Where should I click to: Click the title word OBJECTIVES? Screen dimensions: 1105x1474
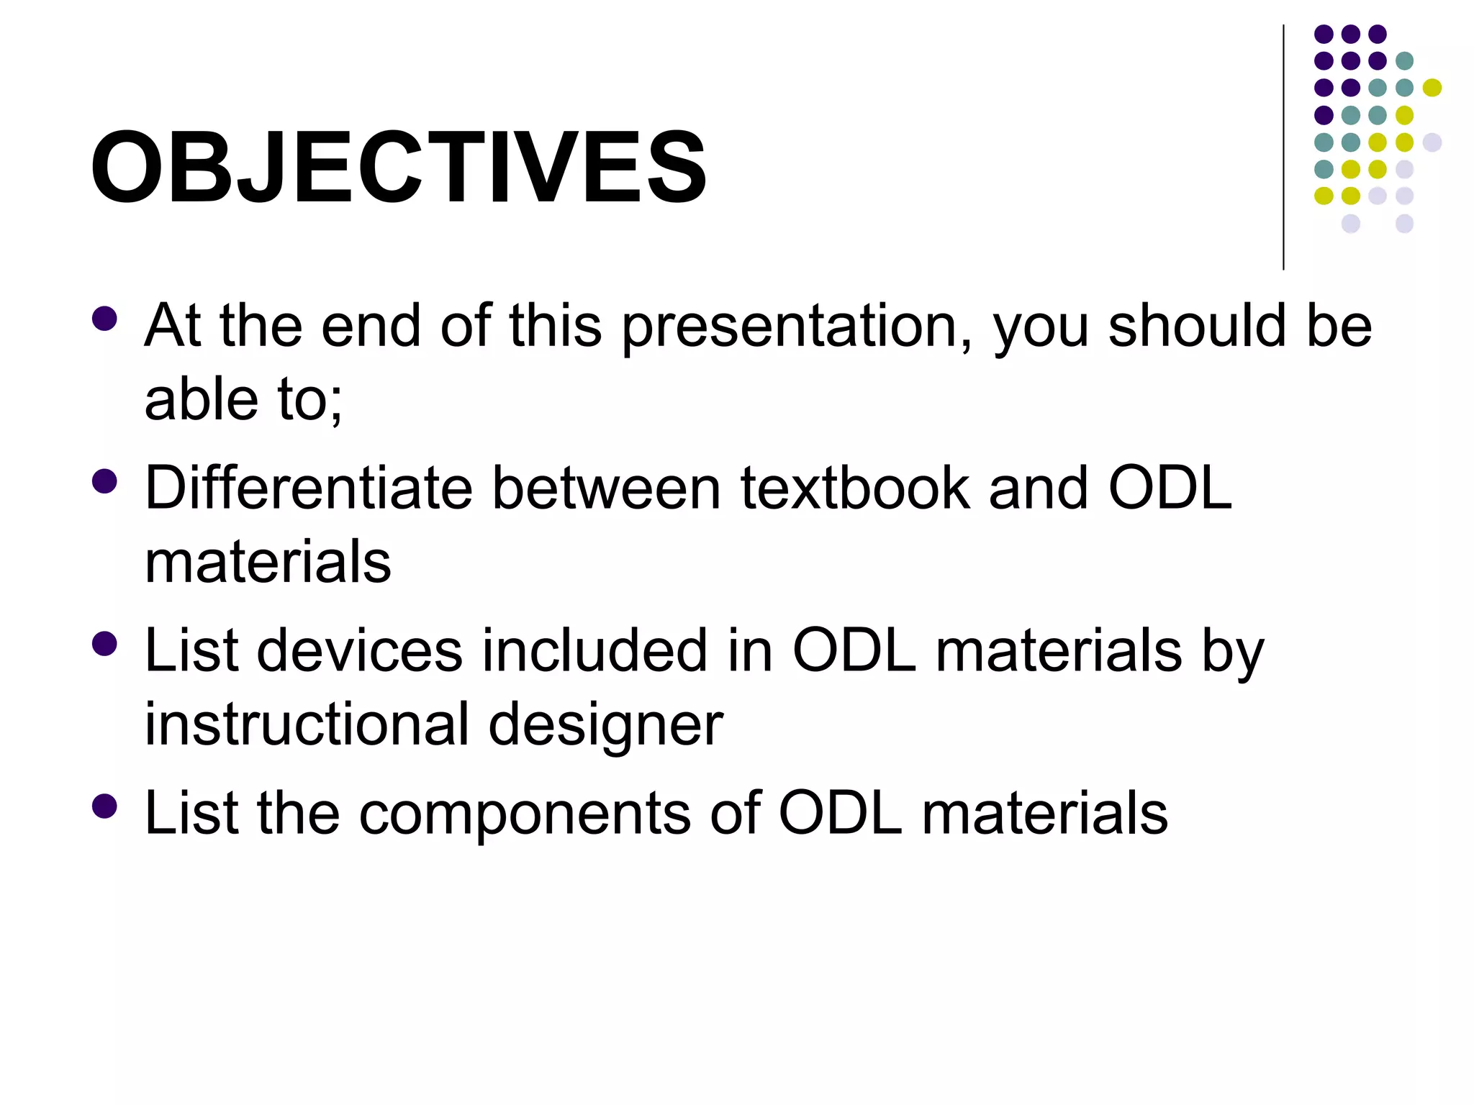398,168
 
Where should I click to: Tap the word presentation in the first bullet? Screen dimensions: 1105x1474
797,327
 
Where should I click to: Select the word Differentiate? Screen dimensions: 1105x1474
309,488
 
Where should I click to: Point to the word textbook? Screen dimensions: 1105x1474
855,488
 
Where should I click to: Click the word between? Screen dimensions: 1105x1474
606,488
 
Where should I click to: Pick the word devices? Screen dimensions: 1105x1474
359,650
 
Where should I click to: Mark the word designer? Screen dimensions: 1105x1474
605,725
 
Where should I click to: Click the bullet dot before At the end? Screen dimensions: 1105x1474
105,319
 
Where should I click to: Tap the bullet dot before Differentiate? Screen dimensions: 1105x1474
105,481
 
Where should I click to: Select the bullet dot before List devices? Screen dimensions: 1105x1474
105,644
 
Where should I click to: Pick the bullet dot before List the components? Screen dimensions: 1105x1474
105,806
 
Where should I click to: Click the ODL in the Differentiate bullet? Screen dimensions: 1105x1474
1169,488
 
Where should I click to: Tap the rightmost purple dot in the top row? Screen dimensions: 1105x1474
1377,34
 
